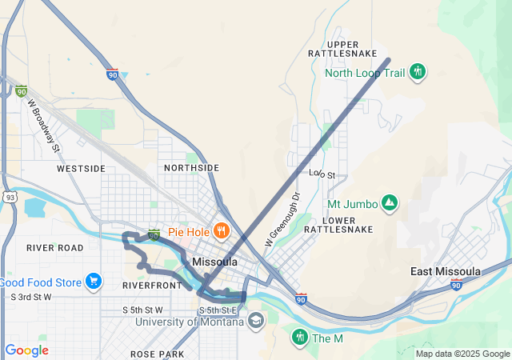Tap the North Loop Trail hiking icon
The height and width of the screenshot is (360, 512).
[x=417, y=73]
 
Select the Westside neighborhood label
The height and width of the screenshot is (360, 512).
[x=81, y=169]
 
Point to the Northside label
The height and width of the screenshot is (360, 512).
[x=191, y=168]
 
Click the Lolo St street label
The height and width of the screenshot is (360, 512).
[x=322, y=174]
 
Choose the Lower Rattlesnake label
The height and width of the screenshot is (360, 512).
[x=350, y=224]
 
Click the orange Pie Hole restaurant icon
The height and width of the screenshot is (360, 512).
[x=221, y=232]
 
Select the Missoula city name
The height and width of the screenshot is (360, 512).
[x=214, y=262]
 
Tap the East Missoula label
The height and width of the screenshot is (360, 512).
[x=446, y=271]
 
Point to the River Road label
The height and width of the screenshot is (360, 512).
[x=55, y=248]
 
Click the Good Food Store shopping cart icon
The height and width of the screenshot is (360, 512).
[x=94, y=282]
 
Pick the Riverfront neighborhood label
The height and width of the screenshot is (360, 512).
[x=153, y=285]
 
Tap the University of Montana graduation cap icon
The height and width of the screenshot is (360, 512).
[x=256, y=322]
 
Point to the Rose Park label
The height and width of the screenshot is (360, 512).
[x=157, y=354]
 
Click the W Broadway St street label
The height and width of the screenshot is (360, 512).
[x=44, y=126]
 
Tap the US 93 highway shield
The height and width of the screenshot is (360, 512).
[x=10, y=196]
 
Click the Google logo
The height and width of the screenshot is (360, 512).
[x=26, y=350]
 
